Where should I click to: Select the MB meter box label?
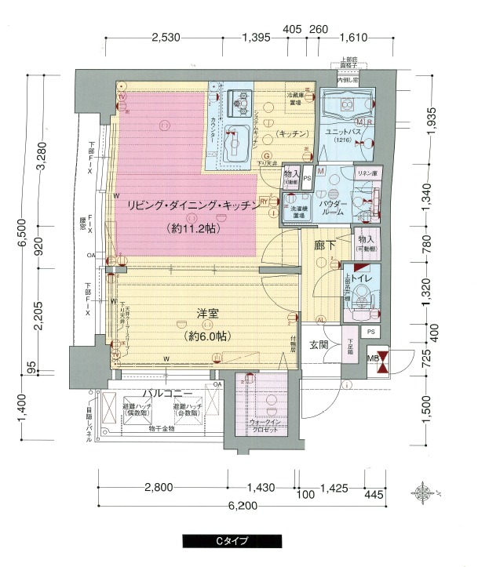tap(374, 358)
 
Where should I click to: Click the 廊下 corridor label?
tap(325, 245)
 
